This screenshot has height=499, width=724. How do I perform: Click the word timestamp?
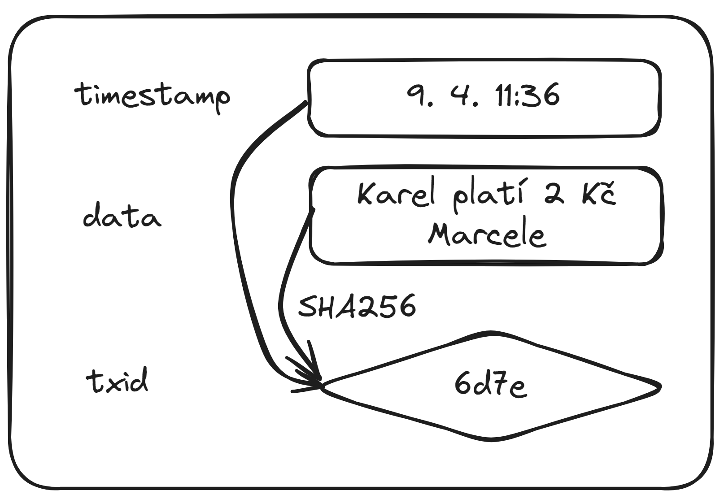pos(153,95)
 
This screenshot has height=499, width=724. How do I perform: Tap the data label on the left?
pos(122,217)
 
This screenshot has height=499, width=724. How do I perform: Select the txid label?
pos(117,382)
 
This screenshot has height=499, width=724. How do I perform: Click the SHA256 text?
pos(357,307)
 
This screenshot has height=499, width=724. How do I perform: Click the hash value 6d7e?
pos(490,385)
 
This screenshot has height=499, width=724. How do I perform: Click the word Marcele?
pos(487,234)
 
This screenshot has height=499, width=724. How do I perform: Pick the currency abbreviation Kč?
pos(599,194)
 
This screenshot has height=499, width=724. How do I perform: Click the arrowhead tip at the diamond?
pos(321,384)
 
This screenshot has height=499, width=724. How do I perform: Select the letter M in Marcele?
pos(442,234)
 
